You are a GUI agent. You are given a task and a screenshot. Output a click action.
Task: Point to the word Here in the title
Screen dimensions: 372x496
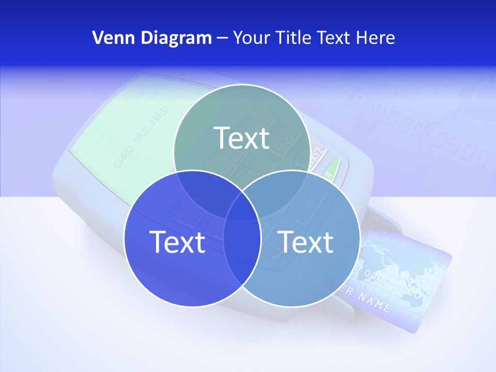376,38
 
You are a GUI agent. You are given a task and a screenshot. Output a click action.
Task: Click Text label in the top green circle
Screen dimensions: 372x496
242,138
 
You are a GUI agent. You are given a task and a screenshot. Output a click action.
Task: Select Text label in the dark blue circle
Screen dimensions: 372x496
177,242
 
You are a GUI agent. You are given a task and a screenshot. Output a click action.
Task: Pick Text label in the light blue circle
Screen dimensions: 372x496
306,242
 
